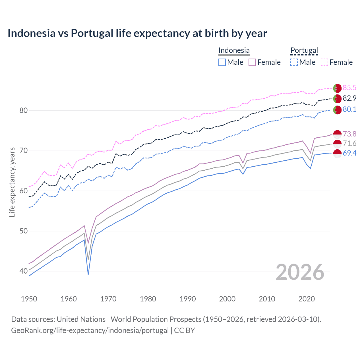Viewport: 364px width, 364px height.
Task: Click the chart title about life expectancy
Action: point(137,33)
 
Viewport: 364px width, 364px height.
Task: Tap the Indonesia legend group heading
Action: point(234,50)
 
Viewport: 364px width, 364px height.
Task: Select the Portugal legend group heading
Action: point(304,50)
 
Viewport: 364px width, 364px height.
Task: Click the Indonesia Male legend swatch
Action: point(222,62)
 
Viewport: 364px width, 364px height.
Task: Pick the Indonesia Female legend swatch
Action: point(252,62)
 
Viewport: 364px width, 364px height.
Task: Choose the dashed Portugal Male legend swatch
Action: point(294,62)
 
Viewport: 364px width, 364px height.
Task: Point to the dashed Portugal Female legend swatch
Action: point(324,62)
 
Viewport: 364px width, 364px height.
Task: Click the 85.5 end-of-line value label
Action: point(349,88)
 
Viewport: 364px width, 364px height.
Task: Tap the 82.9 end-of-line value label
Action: point(349,98)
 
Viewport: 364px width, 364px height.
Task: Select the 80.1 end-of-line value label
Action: point(349,109)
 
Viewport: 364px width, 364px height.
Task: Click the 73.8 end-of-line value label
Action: point(349,134)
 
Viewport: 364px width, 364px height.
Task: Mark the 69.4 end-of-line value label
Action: point(349,153)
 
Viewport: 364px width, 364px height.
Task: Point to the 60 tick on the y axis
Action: point(24,191)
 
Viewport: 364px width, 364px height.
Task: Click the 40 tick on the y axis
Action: point(24,271)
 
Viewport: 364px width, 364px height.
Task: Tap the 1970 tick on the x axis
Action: point(108,299)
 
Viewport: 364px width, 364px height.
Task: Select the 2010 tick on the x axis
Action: point(267,299)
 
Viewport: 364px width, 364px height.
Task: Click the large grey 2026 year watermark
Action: point(300,272)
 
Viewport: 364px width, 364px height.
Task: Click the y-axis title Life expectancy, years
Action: point(12,182)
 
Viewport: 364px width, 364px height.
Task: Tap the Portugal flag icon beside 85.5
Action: point(337,88)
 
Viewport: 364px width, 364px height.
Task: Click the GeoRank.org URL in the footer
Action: point(90,330)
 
